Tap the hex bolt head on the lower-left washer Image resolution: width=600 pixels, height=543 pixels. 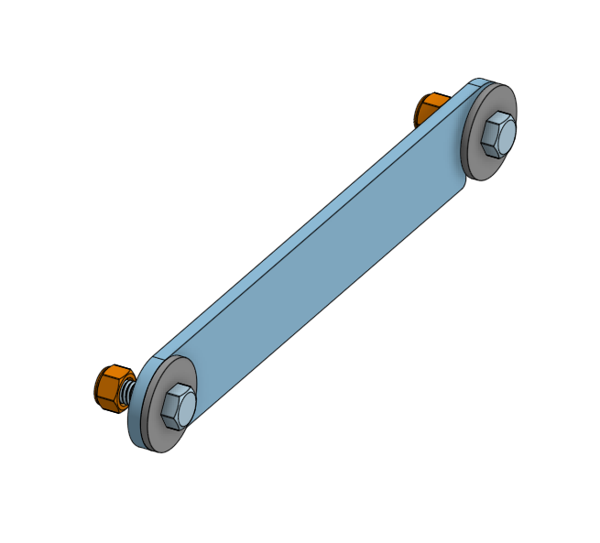point(179,405)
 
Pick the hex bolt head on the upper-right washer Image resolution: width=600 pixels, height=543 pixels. point(497,135)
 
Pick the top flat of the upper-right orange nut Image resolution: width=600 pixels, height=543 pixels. point(432,97)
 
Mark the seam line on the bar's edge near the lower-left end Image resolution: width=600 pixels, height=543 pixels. point(165,352)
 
